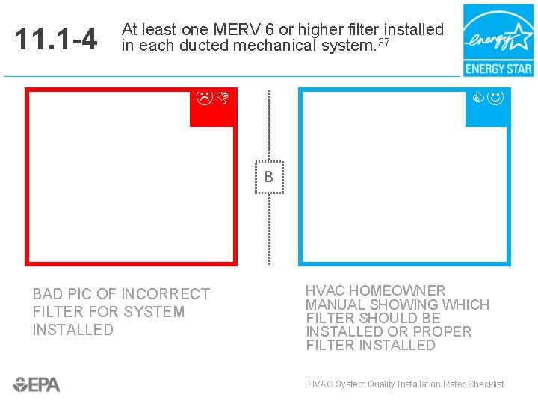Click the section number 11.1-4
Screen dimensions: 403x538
[x=56, y=40]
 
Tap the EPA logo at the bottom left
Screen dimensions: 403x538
[x=37, y=384]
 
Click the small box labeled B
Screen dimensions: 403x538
[x=269, y=177]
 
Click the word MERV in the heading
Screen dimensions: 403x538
[x=234, y=30]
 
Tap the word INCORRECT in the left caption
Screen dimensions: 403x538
[x=165, y=294]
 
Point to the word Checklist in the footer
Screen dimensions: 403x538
[x=486, y=384]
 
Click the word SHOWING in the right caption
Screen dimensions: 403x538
[x=403, y=304]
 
